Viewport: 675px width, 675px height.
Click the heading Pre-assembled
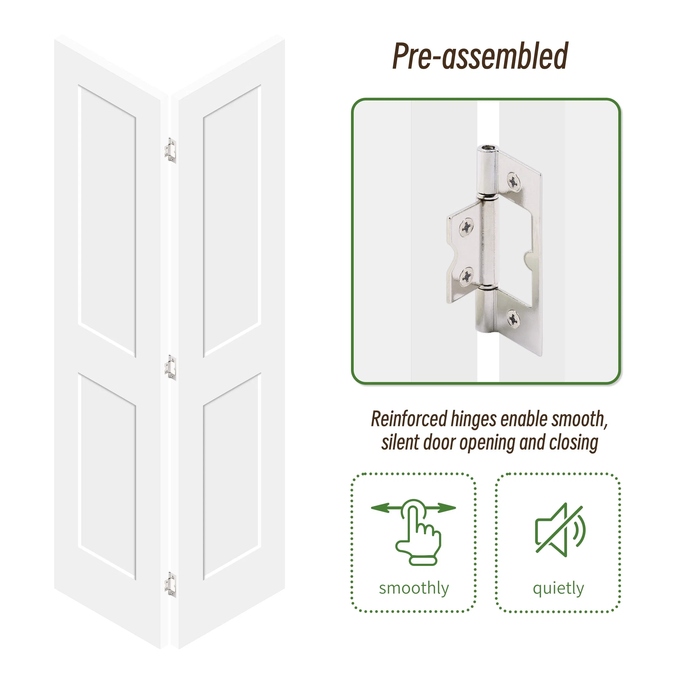(480, 56)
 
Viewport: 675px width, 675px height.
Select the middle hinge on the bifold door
(170, 367)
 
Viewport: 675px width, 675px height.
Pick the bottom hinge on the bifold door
(170, 585)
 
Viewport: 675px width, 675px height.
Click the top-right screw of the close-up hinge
(513, 181)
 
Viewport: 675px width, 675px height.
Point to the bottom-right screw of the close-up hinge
(513, 318)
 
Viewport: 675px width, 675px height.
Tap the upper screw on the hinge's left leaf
(466, 227)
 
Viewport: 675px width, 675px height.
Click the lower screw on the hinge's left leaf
(466, 276)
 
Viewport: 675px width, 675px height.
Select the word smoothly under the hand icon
(414, 588)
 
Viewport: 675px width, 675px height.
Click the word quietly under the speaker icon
(558, 588)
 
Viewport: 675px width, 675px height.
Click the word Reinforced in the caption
(409, 419)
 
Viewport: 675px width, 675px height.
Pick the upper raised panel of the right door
(232, 220)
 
